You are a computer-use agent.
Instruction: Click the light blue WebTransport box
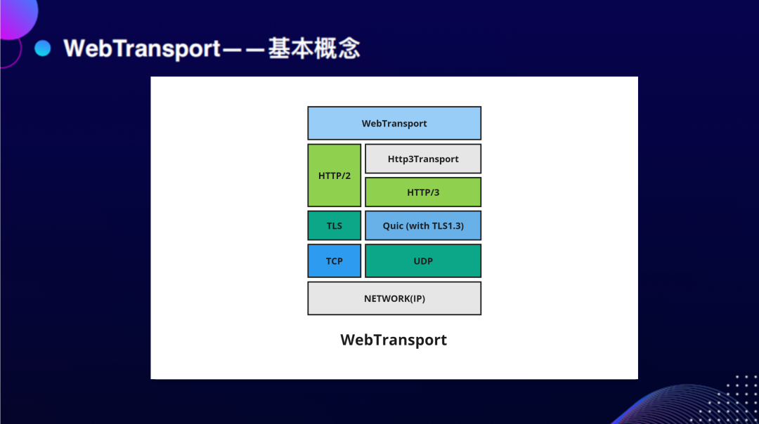pyautogui.click(x=394, y=124)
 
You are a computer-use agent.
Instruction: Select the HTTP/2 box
pyautogui.click(x=334, y=175)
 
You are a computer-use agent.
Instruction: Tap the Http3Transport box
pyautogui.click(x=423, y=159)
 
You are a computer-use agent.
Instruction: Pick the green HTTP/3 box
pyautogui.click(x=423, y=192)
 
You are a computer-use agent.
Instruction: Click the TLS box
pyautogui.click(x=334, y=225)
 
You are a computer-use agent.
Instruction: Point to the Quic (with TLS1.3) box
pyautogui.click(x=423, y=225)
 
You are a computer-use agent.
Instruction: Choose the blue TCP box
pyautogui.click(x=334, y=261)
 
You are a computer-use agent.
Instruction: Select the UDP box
pyautogui.click(x=423, y=261)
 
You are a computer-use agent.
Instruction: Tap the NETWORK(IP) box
pyautogui.click(x=394, y=298)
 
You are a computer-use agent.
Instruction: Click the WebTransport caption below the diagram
pyautogui.click(x=394, y=339)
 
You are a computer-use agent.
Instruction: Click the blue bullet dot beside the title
pyautogui.click(x=43, y=48)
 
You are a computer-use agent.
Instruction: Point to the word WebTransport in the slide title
pyautogui.click(x=142, y=49)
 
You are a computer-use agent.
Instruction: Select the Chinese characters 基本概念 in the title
pyautogui.click(x=314, y=48)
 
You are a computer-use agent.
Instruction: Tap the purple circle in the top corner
pyautogui.click(x=18, y=17)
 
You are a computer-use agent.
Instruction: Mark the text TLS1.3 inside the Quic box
pyautogui.click(x=448, y=226)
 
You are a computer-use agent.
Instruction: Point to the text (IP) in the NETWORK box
pyautogui.click(x=417, y=299)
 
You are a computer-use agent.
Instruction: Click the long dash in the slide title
pyautogui.click(x=244, y=49)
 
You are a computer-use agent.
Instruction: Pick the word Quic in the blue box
pyautogui.click(x=393, y=226)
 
